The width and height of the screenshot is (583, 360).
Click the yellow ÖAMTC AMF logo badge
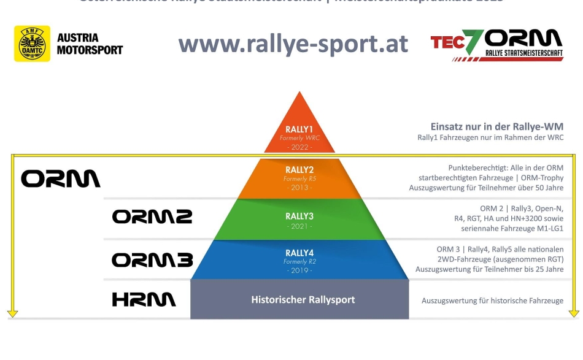pyautogui.click(x=32, y=44)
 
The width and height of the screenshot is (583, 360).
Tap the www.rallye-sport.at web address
pyautogui.click(x=293, y=44)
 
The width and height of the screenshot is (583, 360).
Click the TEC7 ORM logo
pyautogui.click(x=496, y=45)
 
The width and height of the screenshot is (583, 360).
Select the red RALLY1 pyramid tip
pyautogui.click(x=299, y=126)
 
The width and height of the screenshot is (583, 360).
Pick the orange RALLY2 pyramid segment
pyautogui.click(x=299, y=178)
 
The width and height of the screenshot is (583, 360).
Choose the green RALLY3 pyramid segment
pyautogui.click(x=299, y=220)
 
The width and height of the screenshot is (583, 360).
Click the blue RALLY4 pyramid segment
pyautogui.click(x=299, y=259)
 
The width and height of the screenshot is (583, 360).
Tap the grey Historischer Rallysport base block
pyautogui.click(x=299, y=300)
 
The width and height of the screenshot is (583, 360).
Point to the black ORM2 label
pyautogui.click(x=152, y=217)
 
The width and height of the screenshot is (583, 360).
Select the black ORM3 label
pyautogui.click(x=152, y=260)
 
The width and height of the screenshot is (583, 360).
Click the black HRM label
pyautogui.click(x=144, y=300)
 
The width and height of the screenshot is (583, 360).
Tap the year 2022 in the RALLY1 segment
pyautogui.click(x=299, y=147)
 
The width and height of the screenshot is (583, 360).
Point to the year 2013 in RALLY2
pyautogui.click(x=299, y=187)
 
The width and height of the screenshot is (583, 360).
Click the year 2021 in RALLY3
pyautogui.click(x=299, y=227)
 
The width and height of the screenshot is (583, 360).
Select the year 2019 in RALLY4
pyautogui.click(x=299, y=270)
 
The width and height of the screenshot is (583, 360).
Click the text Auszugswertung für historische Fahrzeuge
pyautogui.click(x=492, y=301)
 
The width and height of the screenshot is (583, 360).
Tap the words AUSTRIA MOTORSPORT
pyautogui.click(x=90, y=44)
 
